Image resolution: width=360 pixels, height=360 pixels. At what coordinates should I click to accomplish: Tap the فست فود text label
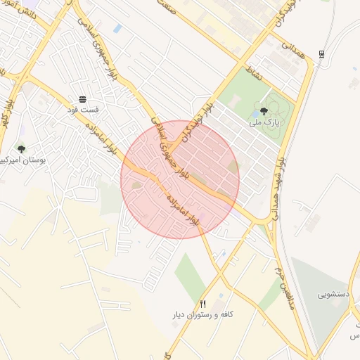click(83, 110)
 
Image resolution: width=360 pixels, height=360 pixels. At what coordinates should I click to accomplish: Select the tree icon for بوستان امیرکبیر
click(21, 149)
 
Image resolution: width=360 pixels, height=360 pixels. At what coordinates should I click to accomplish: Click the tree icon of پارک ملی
click(264, 110)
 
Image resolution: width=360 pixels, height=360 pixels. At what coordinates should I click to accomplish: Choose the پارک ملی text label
click(264, 122)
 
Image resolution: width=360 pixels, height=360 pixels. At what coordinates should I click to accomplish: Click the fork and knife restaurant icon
click(203, 304)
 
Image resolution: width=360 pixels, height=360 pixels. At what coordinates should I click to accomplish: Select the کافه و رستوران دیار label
click(204, 315)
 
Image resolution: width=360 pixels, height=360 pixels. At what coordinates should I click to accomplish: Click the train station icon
click(321, 54)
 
